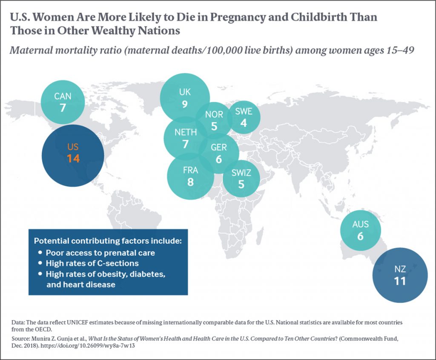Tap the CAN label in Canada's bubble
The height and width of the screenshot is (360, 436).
coord(63,96)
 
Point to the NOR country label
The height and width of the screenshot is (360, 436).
coord(214,115)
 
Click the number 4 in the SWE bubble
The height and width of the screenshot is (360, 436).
coord(244,123)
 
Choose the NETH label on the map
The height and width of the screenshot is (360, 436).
coord(186,132)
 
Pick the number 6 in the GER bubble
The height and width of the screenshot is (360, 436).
coord(219,159)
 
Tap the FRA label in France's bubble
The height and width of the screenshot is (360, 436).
coord(190,170)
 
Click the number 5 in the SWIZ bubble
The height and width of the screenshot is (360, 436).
coord(241,185)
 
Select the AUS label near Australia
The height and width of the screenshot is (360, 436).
coord(360,224)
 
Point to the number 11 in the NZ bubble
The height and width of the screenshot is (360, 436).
coord(399,281)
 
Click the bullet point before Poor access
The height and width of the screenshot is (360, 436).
coord(40,252)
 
